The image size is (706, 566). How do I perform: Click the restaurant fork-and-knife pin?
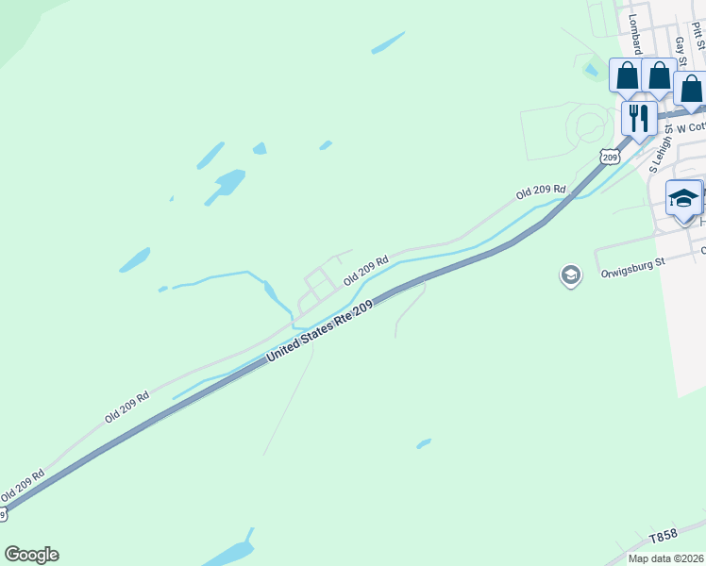click(x=639, y=118)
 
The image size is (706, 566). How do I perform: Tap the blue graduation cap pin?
click(x=683, y=198)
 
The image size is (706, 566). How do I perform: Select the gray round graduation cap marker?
click(x=570, y=275)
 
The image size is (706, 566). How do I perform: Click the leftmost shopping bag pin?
click(x=627, y=75)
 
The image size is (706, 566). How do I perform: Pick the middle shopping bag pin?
click(x=659, y=75)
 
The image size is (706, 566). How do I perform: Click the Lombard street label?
click(x=634, y=34)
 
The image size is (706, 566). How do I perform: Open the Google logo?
click(x=31, y=555)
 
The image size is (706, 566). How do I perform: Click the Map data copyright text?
click(x=666, y=558)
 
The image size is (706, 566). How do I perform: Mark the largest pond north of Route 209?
click(x=227, y=183)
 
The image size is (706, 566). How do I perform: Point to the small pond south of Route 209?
click(x=424, y=442)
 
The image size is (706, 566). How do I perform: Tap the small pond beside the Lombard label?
click(x=592, y=69)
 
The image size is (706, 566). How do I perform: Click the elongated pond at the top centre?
click(x=388, y=42)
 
